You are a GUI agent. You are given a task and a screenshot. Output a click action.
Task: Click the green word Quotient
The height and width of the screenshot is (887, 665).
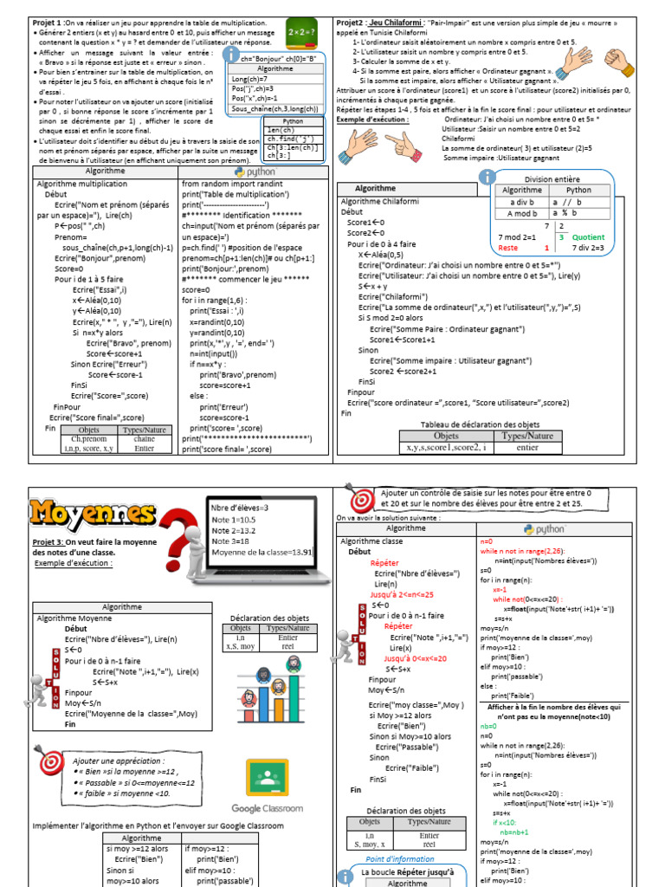pyautogui.click(x=588, y=236)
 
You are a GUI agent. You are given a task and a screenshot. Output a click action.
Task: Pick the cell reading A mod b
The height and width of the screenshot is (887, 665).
pyautogui.click(x=521, y=213)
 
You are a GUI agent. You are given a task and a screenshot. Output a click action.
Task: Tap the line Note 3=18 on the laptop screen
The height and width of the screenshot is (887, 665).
pyautogui.click(x=232, y=540)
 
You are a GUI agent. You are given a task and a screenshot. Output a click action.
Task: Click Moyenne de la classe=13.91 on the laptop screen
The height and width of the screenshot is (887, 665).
pyautogui.click(x=261, y=552)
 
